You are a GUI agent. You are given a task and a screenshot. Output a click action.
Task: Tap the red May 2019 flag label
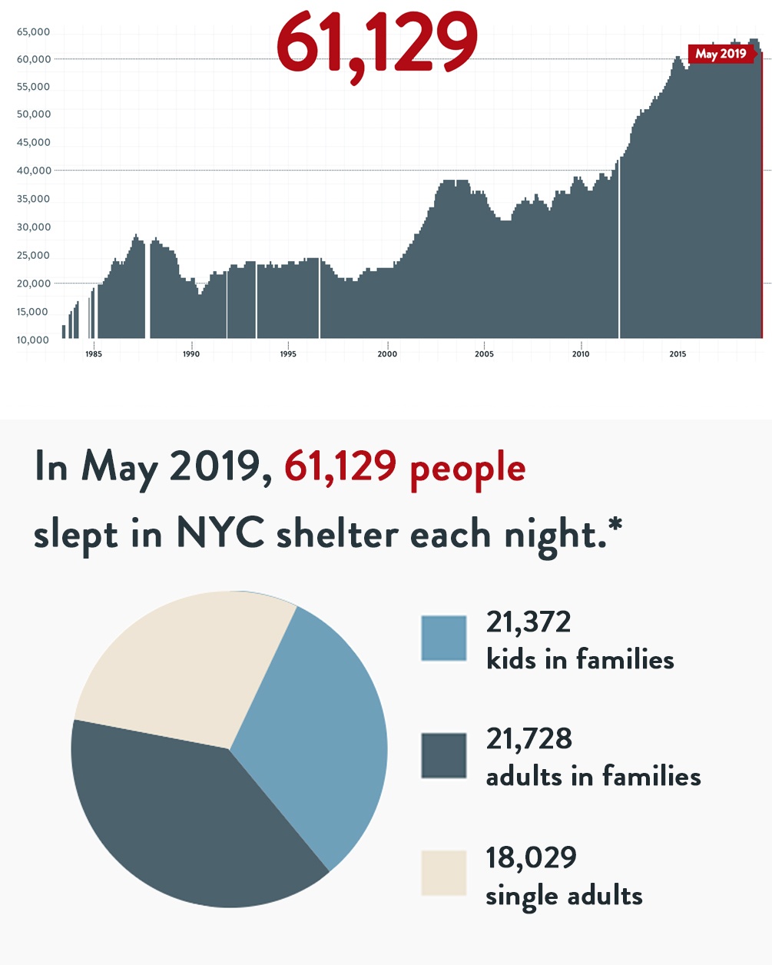(721, 54)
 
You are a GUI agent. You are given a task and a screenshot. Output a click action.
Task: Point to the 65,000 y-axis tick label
(33, 32)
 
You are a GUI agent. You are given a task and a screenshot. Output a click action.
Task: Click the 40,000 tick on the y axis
(33, 171)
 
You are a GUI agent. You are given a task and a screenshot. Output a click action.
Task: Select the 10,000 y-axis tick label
(33, 340)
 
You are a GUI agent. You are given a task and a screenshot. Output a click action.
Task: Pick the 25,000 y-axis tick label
(33, 255)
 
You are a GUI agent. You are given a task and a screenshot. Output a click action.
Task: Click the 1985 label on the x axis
(94, 354)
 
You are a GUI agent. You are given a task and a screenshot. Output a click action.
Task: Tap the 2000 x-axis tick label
(387, 354)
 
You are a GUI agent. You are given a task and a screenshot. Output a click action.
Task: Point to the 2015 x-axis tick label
(678, 354)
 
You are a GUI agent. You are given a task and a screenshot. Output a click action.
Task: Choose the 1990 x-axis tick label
(191, 354)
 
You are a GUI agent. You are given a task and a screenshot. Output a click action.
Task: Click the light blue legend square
(444, 638)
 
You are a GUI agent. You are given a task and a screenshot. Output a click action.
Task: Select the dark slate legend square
(444, 755)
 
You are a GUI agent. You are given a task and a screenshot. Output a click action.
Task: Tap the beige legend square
(444, 873)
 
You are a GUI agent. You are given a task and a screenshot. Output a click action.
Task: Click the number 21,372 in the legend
(528, 622)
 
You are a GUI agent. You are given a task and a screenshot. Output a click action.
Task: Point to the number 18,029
(531, 857)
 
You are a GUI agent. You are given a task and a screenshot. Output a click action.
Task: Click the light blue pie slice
(315, 738)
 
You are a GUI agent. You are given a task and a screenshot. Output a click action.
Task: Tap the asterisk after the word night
(614, 526)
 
